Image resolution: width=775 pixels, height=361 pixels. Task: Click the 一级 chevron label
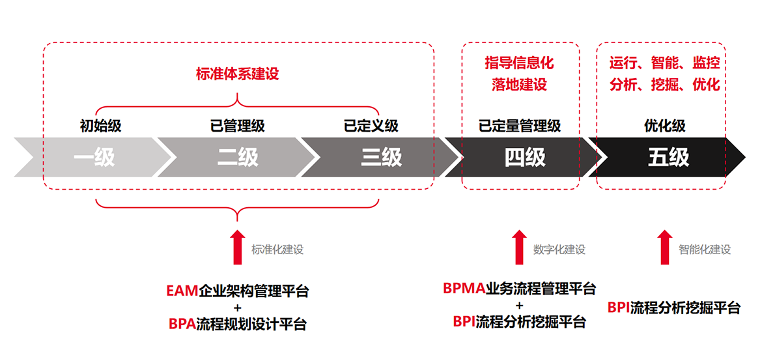94,157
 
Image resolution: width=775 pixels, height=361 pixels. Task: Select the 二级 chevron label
238,157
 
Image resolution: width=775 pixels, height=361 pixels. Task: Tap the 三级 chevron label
382,157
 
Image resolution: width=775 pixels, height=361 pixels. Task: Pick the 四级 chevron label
525,157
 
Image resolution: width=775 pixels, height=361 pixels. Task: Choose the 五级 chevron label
668,157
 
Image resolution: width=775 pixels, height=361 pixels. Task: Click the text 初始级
100,126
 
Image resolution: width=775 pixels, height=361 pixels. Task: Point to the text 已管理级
238,126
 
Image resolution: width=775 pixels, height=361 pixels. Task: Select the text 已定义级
371,126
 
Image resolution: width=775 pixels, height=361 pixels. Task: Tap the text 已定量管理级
520,126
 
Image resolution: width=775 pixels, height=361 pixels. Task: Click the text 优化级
665,126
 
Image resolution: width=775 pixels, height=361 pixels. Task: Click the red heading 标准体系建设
237,74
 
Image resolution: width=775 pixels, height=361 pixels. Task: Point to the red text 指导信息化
519,63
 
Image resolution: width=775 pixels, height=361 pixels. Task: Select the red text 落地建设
519,85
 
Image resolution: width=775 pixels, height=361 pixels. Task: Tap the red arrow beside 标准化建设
238,247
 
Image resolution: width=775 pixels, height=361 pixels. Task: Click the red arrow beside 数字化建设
519,247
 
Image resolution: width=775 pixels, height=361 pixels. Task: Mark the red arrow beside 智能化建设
664,247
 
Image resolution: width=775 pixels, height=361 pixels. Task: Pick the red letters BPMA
464,288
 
